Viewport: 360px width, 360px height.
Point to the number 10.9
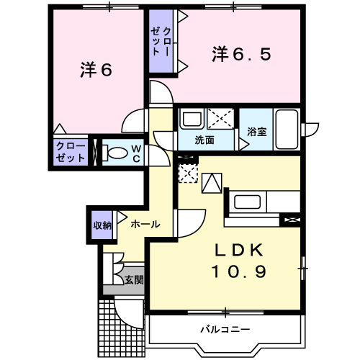pyautogui.click(x=239, y=271)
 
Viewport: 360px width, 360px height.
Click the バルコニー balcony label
pyautogui.click(x=225, y=330)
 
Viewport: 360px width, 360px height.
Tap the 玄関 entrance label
pyautogui.click(x=132, y=280)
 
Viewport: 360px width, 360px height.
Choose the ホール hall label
pyautogui.click(x=145, y=225)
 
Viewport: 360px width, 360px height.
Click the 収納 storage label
pyautogui.click(x=102, y=225)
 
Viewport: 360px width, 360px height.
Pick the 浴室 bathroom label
pyautogui.click(x=256, y=132)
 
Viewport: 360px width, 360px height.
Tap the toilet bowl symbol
pyautogui.click(x=112, y=153)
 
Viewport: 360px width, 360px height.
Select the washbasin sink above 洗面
pyautogui.click(x=192, y=118)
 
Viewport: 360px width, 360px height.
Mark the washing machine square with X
pyautogui.click(x=221, y=117)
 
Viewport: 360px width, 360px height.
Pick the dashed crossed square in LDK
pyautogui.click(x=187, y=173)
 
